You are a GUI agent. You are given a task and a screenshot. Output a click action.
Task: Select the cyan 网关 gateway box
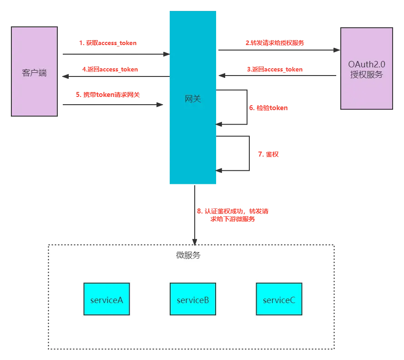tap(193, 98)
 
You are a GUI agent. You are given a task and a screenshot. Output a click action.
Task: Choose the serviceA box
tap(106, 299)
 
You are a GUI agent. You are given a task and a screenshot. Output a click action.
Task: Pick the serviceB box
tap(193, 299)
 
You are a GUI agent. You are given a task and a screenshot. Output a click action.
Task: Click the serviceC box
tap(279, 299)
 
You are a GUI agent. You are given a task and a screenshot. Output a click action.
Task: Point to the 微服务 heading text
tap(188, 255)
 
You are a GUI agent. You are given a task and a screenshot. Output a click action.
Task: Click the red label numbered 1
tap(108, 44)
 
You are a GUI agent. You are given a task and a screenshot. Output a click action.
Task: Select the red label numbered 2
tap(275, 43)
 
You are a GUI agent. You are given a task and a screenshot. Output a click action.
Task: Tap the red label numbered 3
tap(275, 70)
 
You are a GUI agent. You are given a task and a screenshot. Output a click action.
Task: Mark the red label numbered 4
tap(110, 70)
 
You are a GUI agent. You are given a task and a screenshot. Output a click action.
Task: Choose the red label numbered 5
tap(107, 95)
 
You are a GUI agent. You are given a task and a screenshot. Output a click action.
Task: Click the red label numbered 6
tap(268, 108)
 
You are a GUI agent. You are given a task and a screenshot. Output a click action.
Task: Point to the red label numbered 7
tap(268, 155)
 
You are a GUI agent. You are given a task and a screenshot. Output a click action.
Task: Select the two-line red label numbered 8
tap(233, 215)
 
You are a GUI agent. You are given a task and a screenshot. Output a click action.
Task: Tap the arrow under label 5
tap(112, 104)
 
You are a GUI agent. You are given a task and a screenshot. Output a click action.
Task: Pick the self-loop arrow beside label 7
tap(250, 153)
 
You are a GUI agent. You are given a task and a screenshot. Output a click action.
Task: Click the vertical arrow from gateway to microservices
tap(195, 214)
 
